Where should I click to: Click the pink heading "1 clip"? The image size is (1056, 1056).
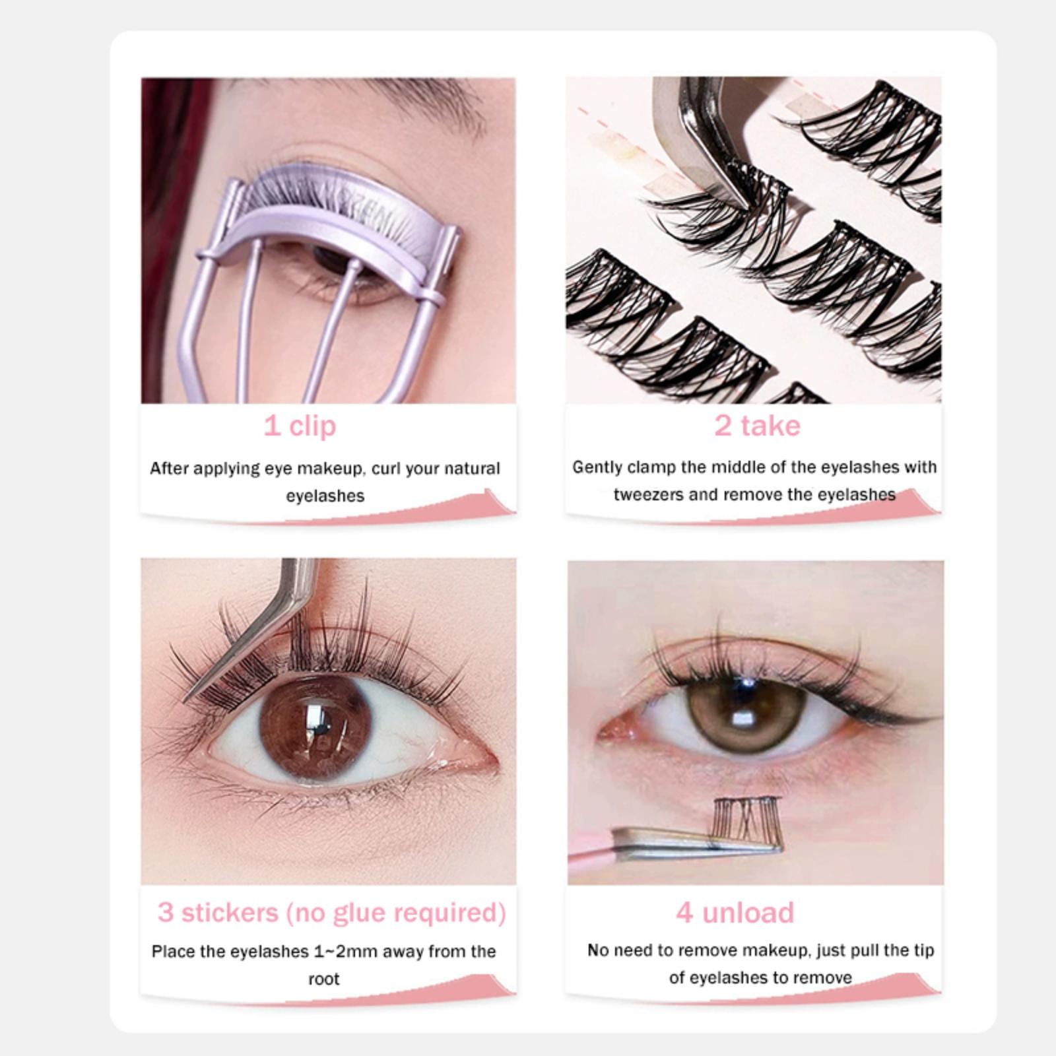coord(300,426)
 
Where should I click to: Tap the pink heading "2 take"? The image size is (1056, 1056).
coord(757,426)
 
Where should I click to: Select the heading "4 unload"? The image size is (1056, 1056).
coord(735,913)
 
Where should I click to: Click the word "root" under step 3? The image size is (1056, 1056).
coord(323,979)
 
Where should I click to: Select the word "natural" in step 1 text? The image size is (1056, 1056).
coord(471,468)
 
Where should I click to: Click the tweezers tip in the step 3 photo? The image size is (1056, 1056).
coord(186,700)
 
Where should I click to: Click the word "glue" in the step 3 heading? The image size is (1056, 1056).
coord(359,913)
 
